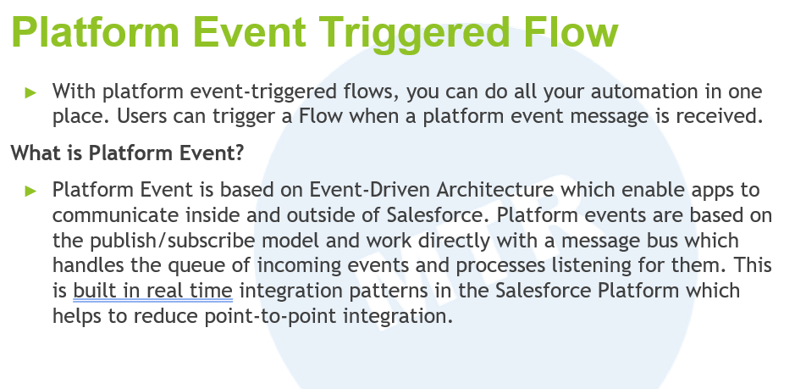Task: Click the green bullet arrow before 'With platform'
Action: (x=30, y=92)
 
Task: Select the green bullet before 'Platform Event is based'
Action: (x=30, y=191)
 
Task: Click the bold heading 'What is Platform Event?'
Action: (x=127, y=153)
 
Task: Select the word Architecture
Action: (x=495, y=190)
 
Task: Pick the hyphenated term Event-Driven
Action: (x=370, y=190)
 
